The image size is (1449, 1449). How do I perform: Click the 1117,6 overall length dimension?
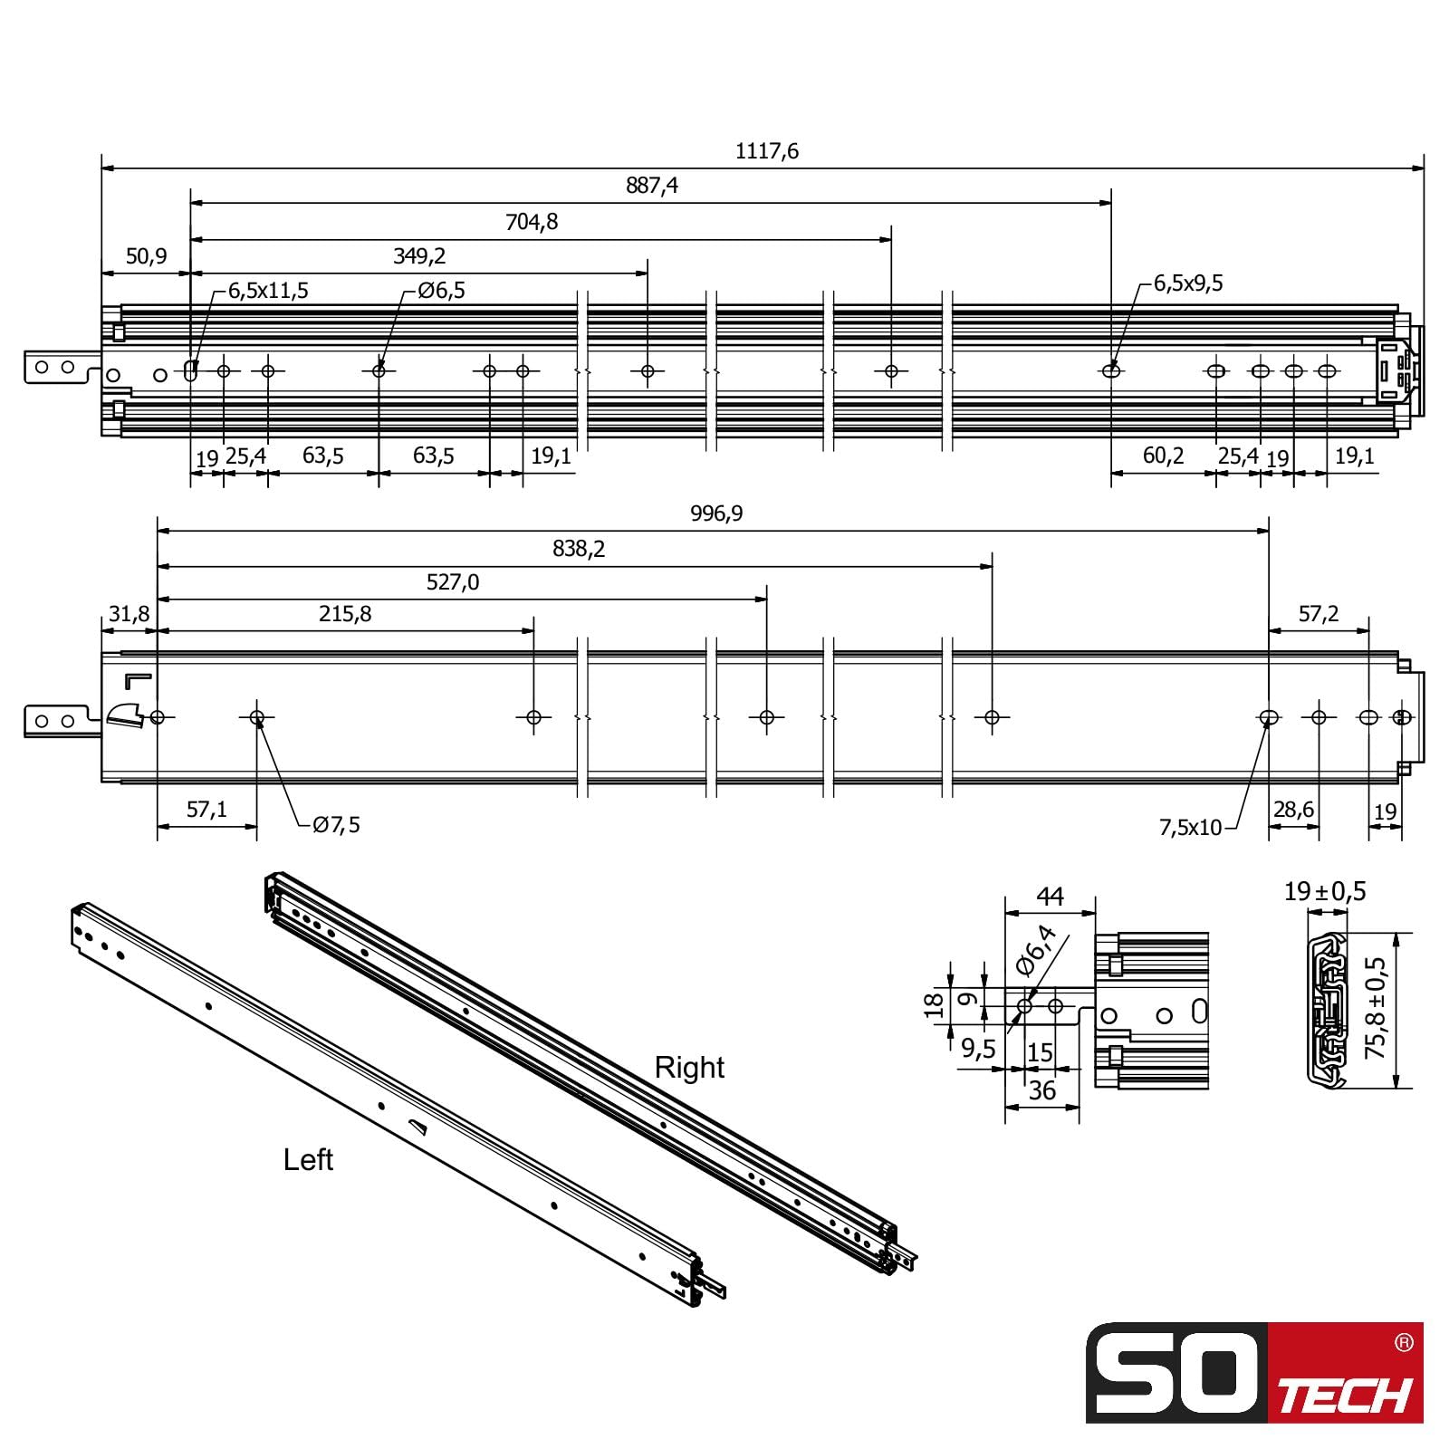tap(766, 151)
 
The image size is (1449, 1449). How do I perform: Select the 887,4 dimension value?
tap(651, 186)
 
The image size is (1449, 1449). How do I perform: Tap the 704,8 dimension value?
tap(532, 222)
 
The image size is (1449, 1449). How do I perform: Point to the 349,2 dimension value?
tap(419, 256)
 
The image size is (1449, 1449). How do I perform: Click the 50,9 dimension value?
tap(146, 256)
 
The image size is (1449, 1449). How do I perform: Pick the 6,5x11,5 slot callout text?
tap(268, 291)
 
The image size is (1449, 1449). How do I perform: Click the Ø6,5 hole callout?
tap(441, 291)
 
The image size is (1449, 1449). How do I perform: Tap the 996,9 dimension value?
tap(716, 513)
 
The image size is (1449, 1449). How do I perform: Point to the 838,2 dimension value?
tap(579, 549)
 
